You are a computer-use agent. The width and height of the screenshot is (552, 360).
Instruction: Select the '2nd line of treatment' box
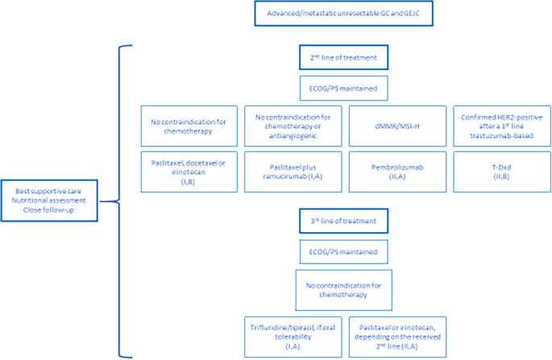coord(343,57)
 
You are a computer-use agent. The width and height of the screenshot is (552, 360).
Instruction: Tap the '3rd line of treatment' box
coord(343,217)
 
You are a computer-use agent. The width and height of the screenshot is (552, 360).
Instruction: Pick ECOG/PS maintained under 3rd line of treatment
coord(343,250)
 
